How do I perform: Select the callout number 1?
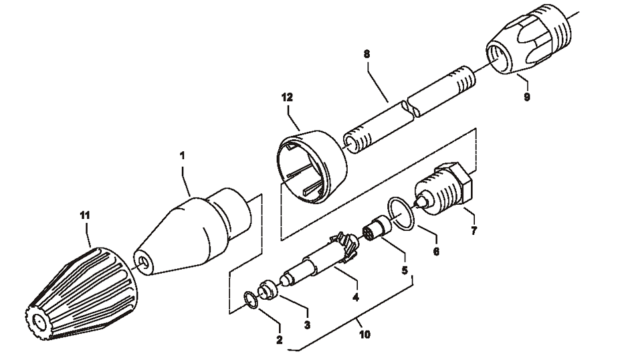(183, 155)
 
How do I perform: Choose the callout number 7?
(474, 232)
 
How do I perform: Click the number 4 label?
(356, 296)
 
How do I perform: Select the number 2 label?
(280, 339)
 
